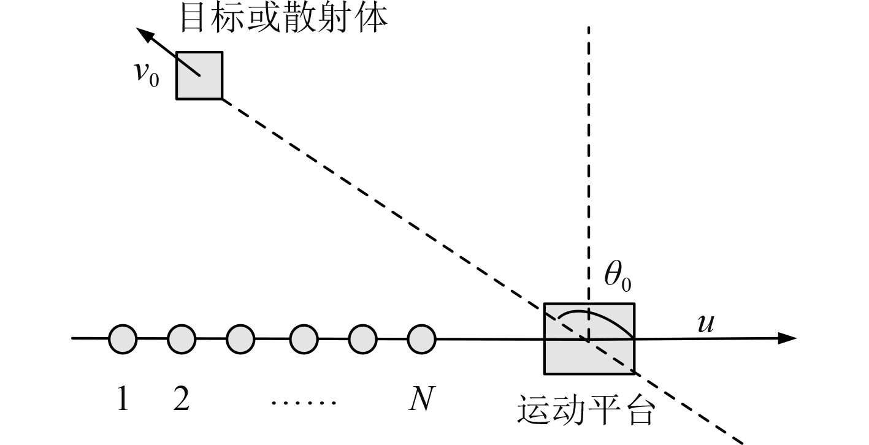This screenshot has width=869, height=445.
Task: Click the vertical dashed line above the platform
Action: pyautogui.click(x=589, y=153)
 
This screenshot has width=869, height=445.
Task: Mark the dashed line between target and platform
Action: pyautogui.click(x=380, y=202)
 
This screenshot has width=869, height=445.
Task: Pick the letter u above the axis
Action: pyautogui.click(x=706, y=323)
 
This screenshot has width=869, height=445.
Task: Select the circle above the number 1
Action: pyautogui.click(x=123, y=338)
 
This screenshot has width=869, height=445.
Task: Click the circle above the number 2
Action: pyautogui.click(x=182, y=338)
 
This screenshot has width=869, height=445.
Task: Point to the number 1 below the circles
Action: pyautogui.click(x=123, y=400)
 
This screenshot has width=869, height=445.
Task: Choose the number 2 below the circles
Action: pyautogui.click(x=181, y=400)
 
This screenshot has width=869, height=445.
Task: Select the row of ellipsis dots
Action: pyautogui.click(x=304, y=403)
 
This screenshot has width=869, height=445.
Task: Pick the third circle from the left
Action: pyautogui.click(x=240, y=338)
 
